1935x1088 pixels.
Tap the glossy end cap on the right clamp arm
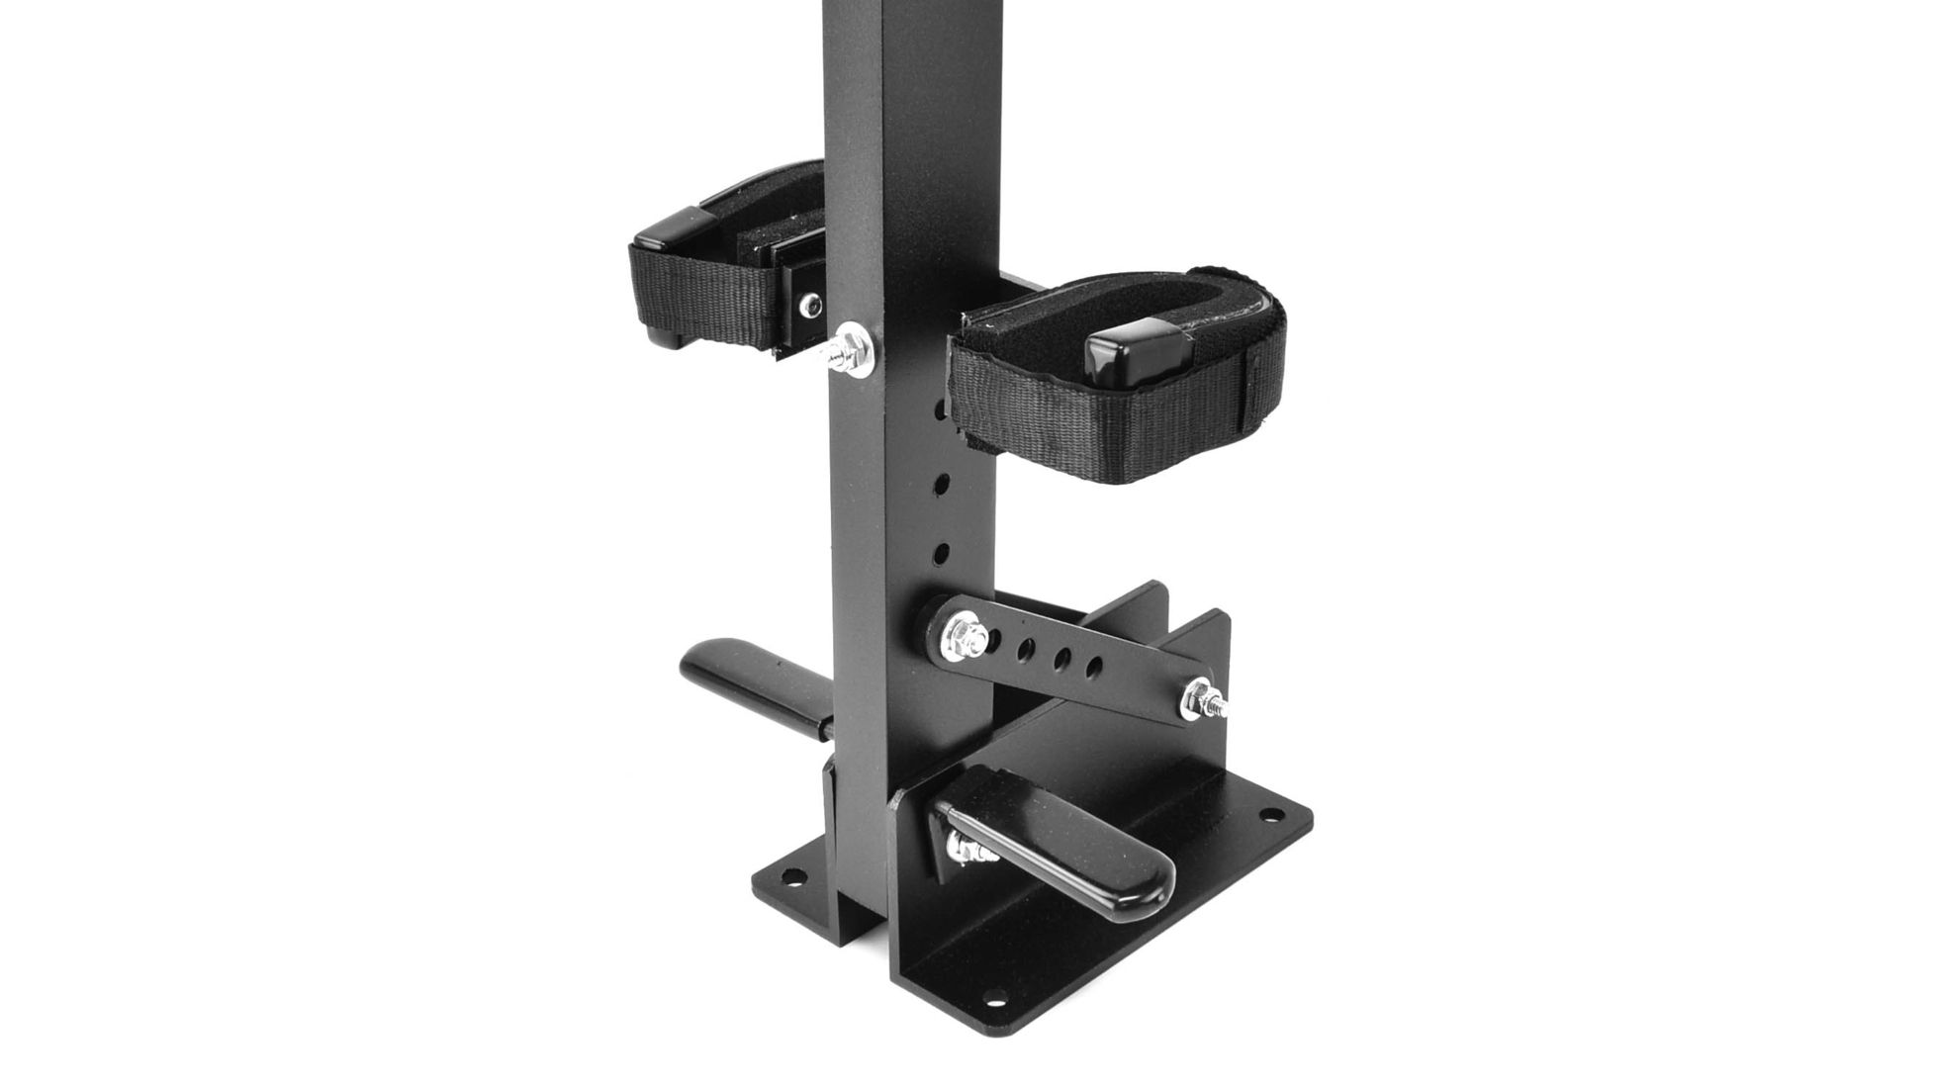pyautogui.click(x=1127, y=359)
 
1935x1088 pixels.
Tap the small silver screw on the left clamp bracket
pyautogui.click(x=812, y=306)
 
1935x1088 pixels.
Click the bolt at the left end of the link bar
pyautogui.click(x=964, y=634)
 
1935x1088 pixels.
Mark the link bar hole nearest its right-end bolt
pyautogui.click(x=1093, y=665)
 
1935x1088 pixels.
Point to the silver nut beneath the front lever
pyautogui.click(x=964, y=849)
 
